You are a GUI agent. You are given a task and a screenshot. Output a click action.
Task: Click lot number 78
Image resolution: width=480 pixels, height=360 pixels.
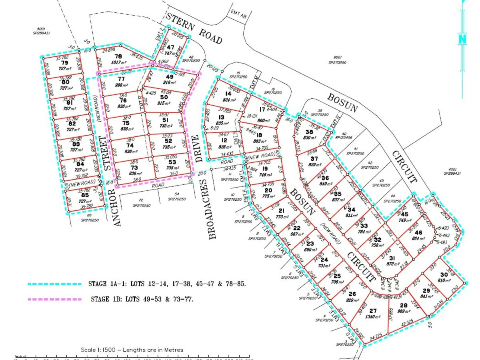[118, 56]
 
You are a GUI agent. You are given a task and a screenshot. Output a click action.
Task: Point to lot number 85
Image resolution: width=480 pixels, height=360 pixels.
[84, 195]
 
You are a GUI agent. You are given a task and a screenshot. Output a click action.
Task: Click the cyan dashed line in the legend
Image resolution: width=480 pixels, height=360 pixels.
[54, 284]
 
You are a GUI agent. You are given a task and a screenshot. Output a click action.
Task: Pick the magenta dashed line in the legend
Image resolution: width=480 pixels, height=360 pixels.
[54, 299]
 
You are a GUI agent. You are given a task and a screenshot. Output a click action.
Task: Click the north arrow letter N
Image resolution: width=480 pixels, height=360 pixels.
[463, 39]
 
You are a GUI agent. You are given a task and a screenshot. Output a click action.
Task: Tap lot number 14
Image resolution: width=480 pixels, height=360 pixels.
[228, 94]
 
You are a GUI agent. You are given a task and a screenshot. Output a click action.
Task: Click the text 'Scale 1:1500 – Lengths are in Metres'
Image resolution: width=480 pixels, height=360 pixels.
[132, 350]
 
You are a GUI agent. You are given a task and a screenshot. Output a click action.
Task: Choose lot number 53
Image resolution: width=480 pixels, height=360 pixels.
[172, 162]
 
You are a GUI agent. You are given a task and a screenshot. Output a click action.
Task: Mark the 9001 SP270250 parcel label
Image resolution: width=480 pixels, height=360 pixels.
[337, 60]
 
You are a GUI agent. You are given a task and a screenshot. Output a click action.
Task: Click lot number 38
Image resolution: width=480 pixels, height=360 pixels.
[309, 132]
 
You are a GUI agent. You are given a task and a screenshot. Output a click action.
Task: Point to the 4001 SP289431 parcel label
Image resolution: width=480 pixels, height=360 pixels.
[452, 170]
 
